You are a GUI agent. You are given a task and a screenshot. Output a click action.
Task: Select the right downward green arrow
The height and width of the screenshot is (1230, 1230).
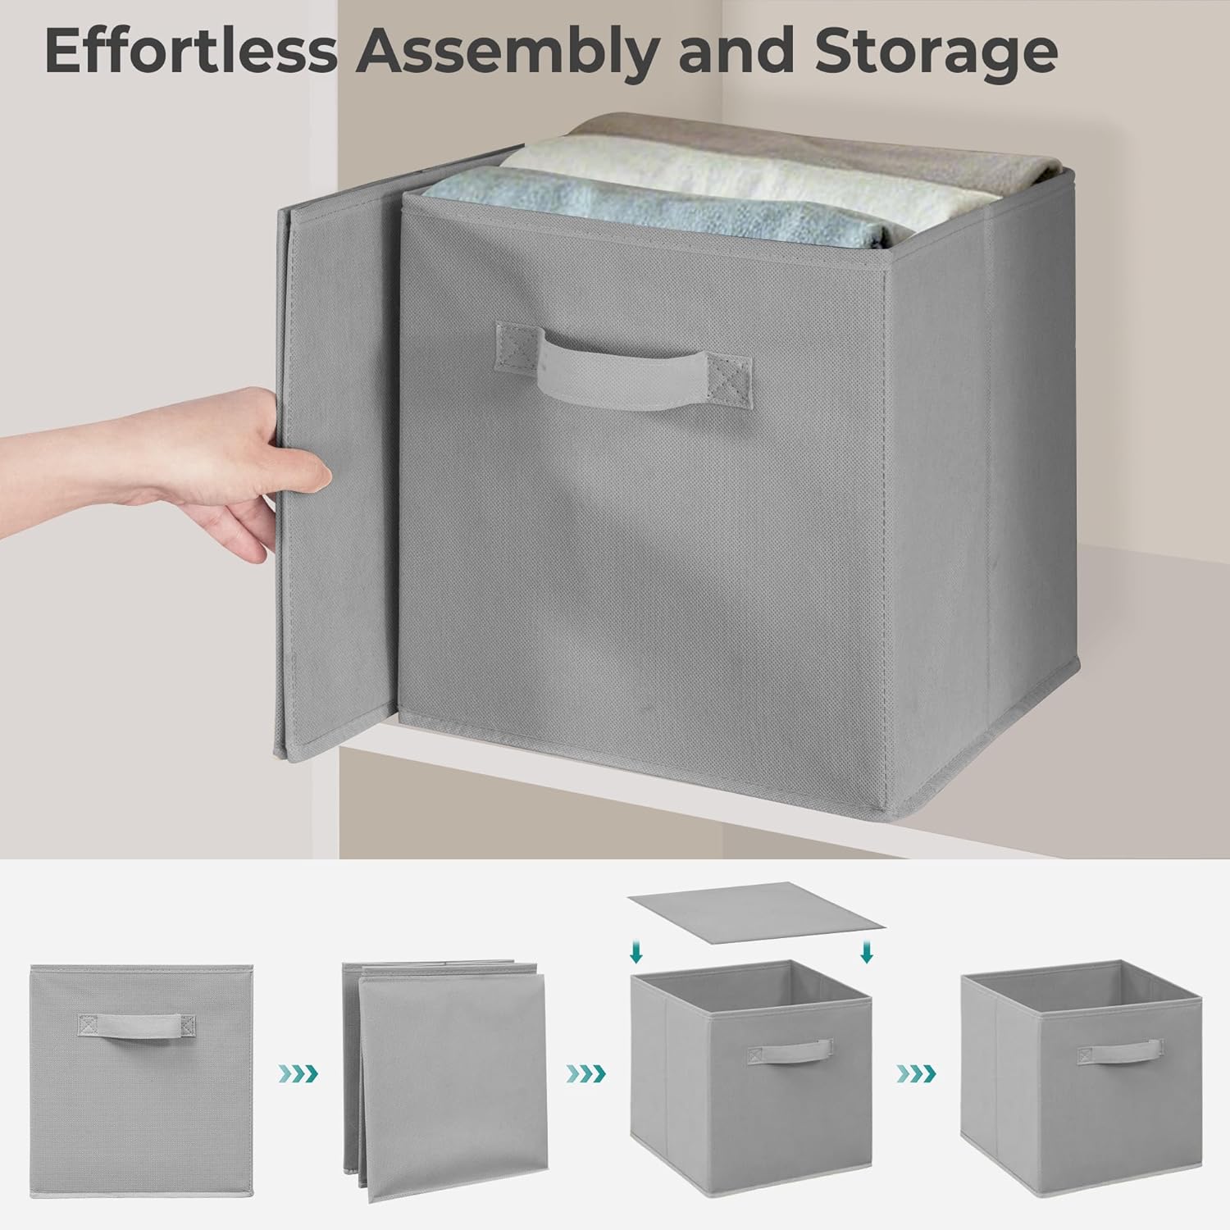click(x=868, y=952)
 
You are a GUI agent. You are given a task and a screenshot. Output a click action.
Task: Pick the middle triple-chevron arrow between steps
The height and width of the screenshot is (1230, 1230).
click(x=587, y=1073)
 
